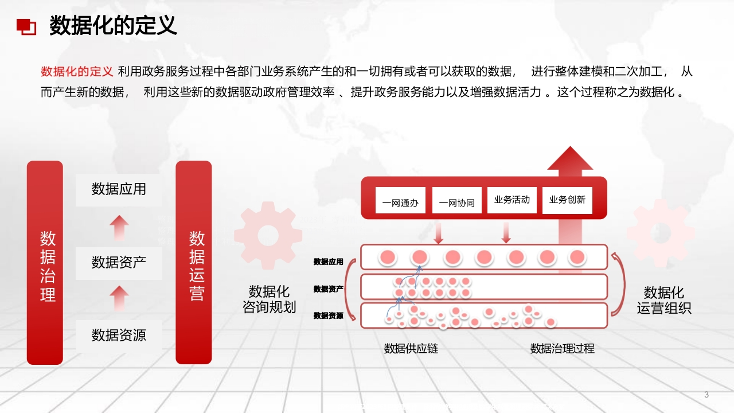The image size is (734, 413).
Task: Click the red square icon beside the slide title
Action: [x=26, y=26]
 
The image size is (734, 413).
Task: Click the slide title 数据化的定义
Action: [x=113, y=25]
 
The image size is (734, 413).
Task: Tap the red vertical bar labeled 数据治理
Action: [x=45, y=263]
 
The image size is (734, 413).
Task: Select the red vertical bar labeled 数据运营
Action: [x=194, y=263]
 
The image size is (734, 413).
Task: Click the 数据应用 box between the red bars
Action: [x=119, y=190]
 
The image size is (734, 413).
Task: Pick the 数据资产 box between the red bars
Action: [x=119, y=263]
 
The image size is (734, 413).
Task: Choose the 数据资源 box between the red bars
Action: [x=119, y=336]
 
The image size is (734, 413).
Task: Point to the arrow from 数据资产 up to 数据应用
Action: [x=119, y=228]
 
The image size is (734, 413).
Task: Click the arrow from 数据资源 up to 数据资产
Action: [x=119, y=298]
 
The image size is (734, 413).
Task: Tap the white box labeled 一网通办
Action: [x=400, y=200]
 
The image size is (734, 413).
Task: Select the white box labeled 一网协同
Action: [x=457, y=200]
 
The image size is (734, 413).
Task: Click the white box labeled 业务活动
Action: [x=512, y=200]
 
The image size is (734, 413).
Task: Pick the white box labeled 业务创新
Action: [x=567, y=200]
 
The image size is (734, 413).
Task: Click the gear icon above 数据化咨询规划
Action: [x=268, y=235]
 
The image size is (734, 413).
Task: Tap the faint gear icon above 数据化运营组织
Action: [x=661, y=233]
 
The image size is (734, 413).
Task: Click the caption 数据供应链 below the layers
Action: [x=411, y=348]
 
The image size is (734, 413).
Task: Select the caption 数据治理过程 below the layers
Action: [x=563, y=348]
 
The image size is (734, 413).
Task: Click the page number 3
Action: [x=706, y=395]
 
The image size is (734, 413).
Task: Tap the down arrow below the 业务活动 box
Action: [x=506, y=233]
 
